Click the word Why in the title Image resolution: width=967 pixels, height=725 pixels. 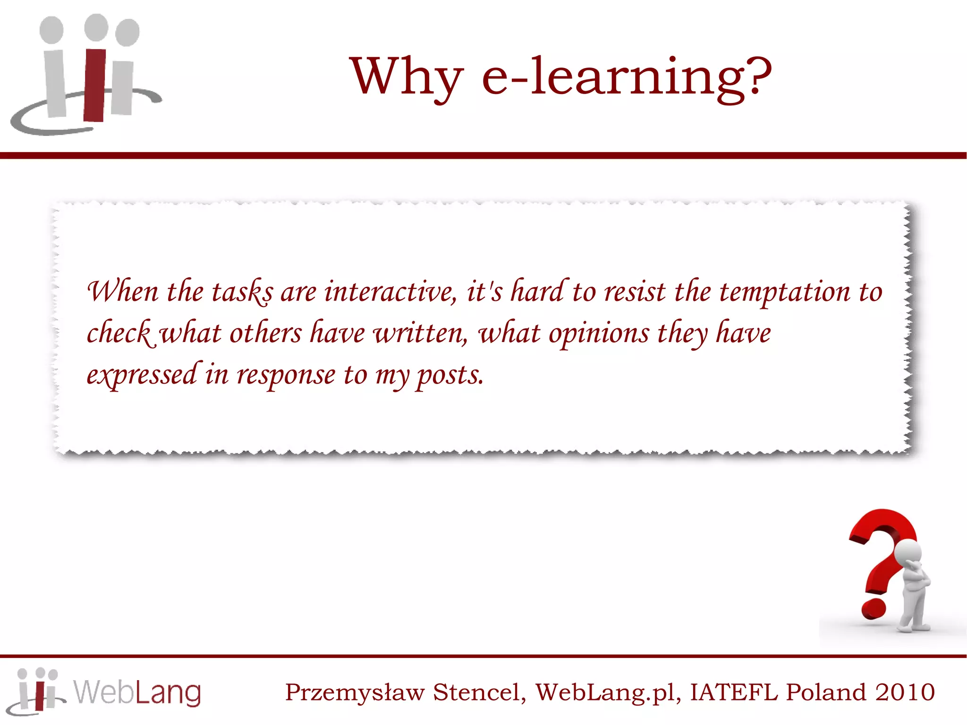click(x=406, y=77)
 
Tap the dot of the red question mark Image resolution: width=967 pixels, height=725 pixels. click(x=874, y=609)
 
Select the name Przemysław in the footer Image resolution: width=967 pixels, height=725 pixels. click(x=355, y=693)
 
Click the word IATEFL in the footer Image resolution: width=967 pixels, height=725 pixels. click(x=733, y=692)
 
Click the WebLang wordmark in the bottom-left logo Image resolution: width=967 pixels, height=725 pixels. click(x=137, y=692)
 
